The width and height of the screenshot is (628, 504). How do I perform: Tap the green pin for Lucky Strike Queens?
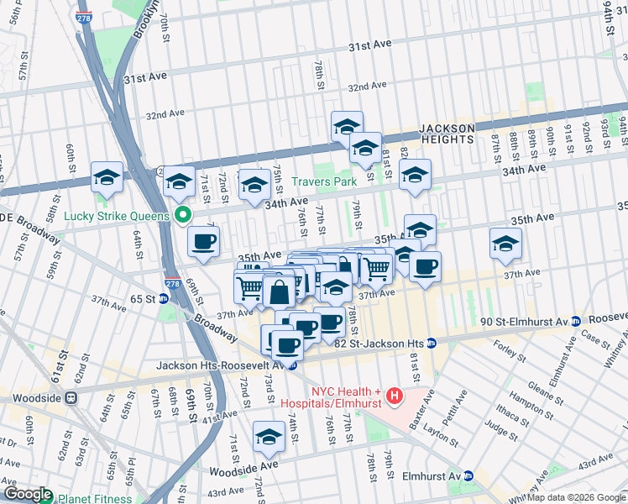pyautogui.click(x=181, y=215)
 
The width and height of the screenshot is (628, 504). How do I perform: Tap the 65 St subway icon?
pyautogui.click(x=163, y=298)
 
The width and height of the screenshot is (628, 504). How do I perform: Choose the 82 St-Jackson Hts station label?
pyautogui.click(x=382, y=343)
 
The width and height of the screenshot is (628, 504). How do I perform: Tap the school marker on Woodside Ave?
pyautogui.click(x=269, y=438)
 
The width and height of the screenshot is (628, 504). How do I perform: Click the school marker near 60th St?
pyautogui.click(x=106, y=179)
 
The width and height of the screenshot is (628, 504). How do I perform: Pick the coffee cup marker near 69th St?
pyautogui.click(x=203, y=243)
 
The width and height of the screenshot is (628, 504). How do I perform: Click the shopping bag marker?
pyautogui.click(x=280, y=293)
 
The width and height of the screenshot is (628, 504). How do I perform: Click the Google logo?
pyautogui.click(x=27, y=494)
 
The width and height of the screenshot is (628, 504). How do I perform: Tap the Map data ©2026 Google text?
pyautogui.click(x=576, y=497)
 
